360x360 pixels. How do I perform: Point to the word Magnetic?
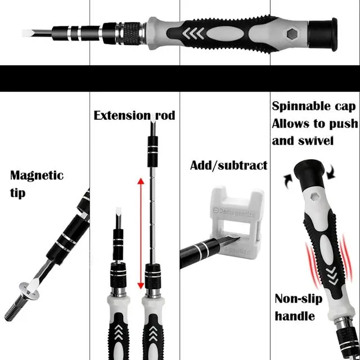(x=37, y=175)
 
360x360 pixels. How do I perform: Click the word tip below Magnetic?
(x=18, y=193)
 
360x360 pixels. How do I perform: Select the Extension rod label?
(x=134, y=116)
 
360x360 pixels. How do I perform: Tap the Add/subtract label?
(x=228, y=165)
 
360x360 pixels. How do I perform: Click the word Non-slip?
(x=298, y=299)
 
